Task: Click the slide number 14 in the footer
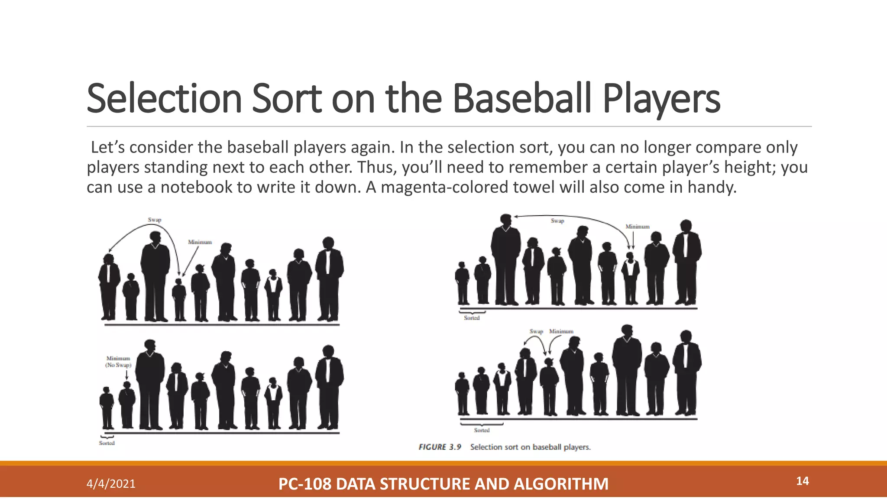[x=802, y=481]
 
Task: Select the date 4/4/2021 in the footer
[x=111, y=484]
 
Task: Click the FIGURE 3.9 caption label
[x=440, y=447]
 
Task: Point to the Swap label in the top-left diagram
[x=155, y=220]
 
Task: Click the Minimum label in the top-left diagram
[x=200, y=242]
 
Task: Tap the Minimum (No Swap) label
[x=118, y=362]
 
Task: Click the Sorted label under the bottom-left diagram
[x=107, y=443]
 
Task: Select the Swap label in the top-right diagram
[x=557, y=221]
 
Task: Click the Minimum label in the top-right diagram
[x=638, y=227]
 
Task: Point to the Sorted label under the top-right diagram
[x=472, y=318]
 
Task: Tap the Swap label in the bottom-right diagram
[x=536, y=331]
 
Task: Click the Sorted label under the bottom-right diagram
[x=482, y=430]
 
